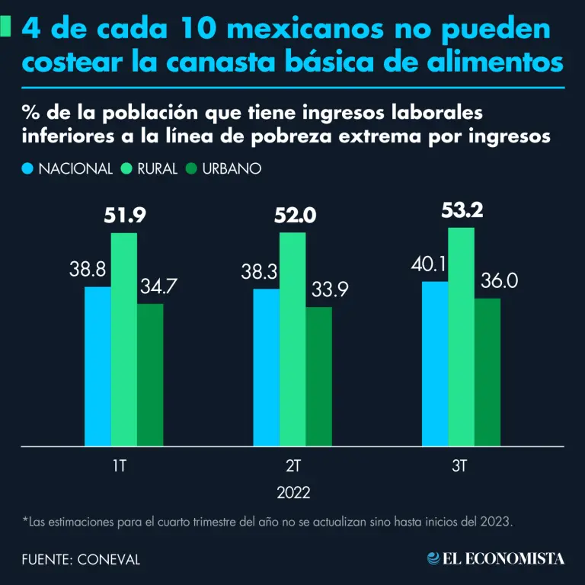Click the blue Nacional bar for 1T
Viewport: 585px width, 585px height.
click(97, 366)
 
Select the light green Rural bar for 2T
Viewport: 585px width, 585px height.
click(292, 339)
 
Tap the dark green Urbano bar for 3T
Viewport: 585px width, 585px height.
click(487, 372)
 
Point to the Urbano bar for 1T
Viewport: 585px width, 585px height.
click(150, 374)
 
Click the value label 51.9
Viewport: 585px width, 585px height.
click(124, 216)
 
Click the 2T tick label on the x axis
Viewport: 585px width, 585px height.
click(292, 465)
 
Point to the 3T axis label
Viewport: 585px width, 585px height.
click(461, 465)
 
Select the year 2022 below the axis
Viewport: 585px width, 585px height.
click(293, 492)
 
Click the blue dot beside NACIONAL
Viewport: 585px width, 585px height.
click(28, 168)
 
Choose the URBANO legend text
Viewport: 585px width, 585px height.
click(231, 168)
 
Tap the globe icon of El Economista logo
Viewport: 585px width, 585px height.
click(433, 559)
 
